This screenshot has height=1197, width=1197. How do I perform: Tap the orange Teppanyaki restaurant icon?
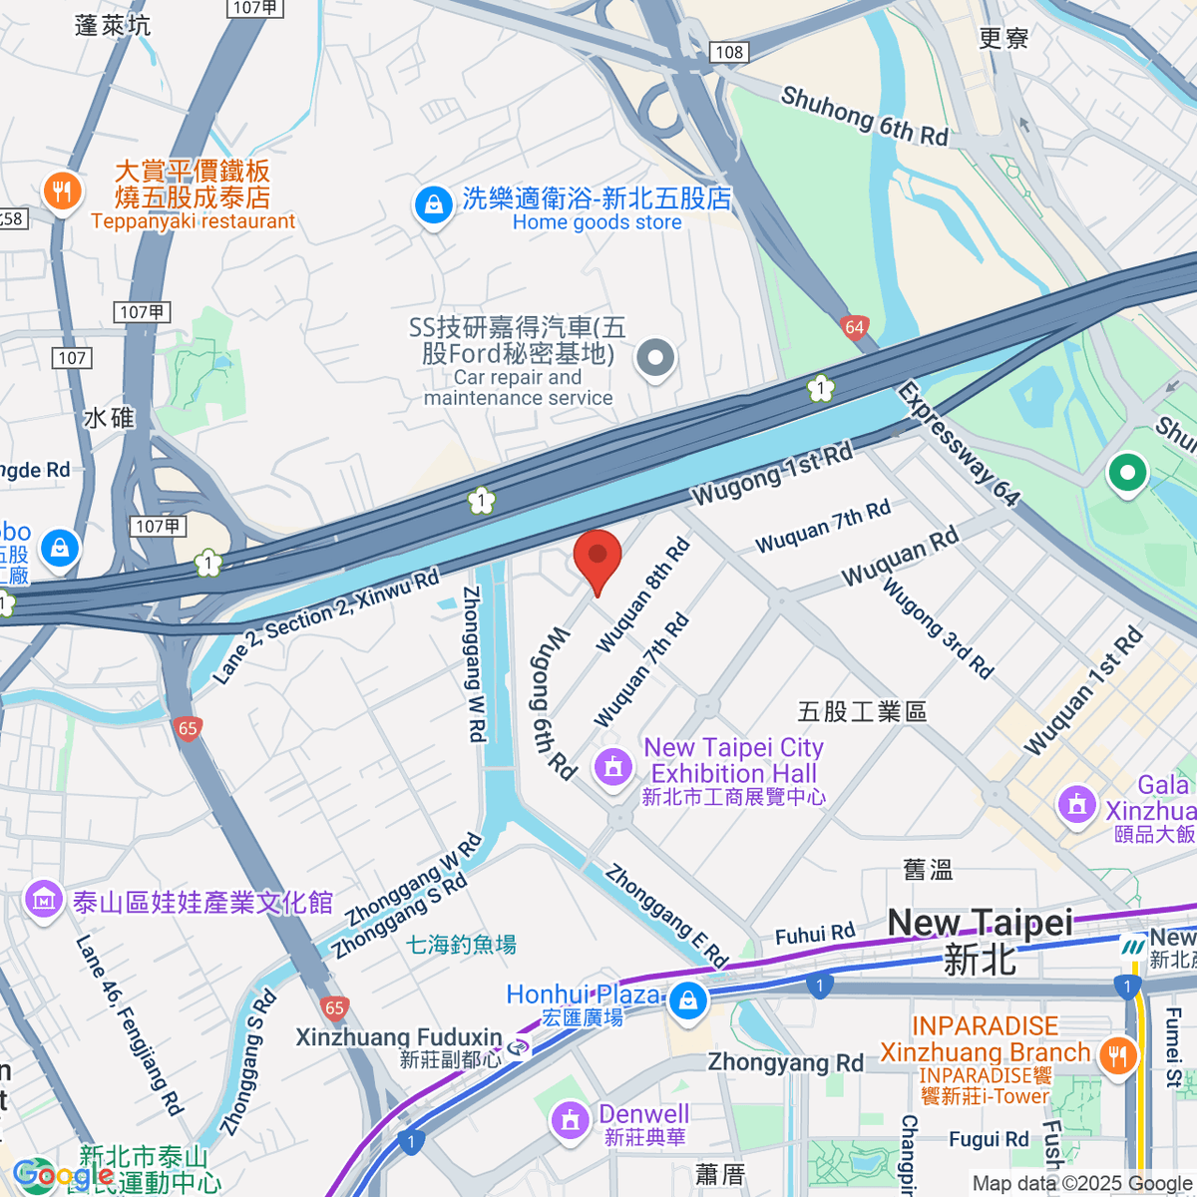pyautogui.click(x=62, y=192)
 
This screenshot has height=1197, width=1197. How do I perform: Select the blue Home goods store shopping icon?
pyautogui.click(x=433, y=206)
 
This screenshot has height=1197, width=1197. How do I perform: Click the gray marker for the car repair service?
pyautogui.click(x=655, y=357)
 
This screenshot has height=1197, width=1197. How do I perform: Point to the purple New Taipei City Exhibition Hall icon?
pyautogui.click(x=612, y=767)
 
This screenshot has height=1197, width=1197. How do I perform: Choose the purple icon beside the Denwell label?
pyautogui.click(x=571, y=1120)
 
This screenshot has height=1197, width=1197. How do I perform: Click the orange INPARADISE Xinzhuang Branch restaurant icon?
pyautogui.click(x=1116, y=1055)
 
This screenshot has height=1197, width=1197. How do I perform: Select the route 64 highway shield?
pyautogui.click(x=854, y=327)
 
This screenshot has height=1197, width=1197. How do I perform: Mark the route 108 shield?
pyautogui.click(x=729, y=52)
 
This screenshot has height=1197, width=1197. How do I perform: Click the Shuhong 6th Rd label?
pyautogui.click(x=864, y=116)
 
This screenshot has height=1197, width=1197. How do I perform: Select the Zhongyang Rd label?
pyautogui.click(x=785, y=1062)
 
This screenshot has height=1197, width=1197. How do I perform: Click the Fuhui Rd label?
pyautogui.click(x=815, y=934)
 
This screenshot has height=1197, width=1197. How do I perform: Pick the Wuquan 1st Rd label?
pyautogui.click(x=1083, y=690)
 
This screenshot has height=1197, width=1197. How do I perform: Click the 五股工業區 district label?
pyautogui.click(x=862, y=711)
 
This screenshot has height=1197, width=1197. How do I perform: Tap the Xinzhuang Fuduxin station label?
pyautogui.click(x=399, y=1037)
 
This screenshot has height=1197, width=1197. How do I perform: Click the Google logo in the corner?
pyautogui.click(x=62, y=1175)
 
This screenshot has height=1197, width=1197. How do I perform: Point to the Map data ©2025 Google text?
pyautogui.click(x=1081, y=1184)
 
